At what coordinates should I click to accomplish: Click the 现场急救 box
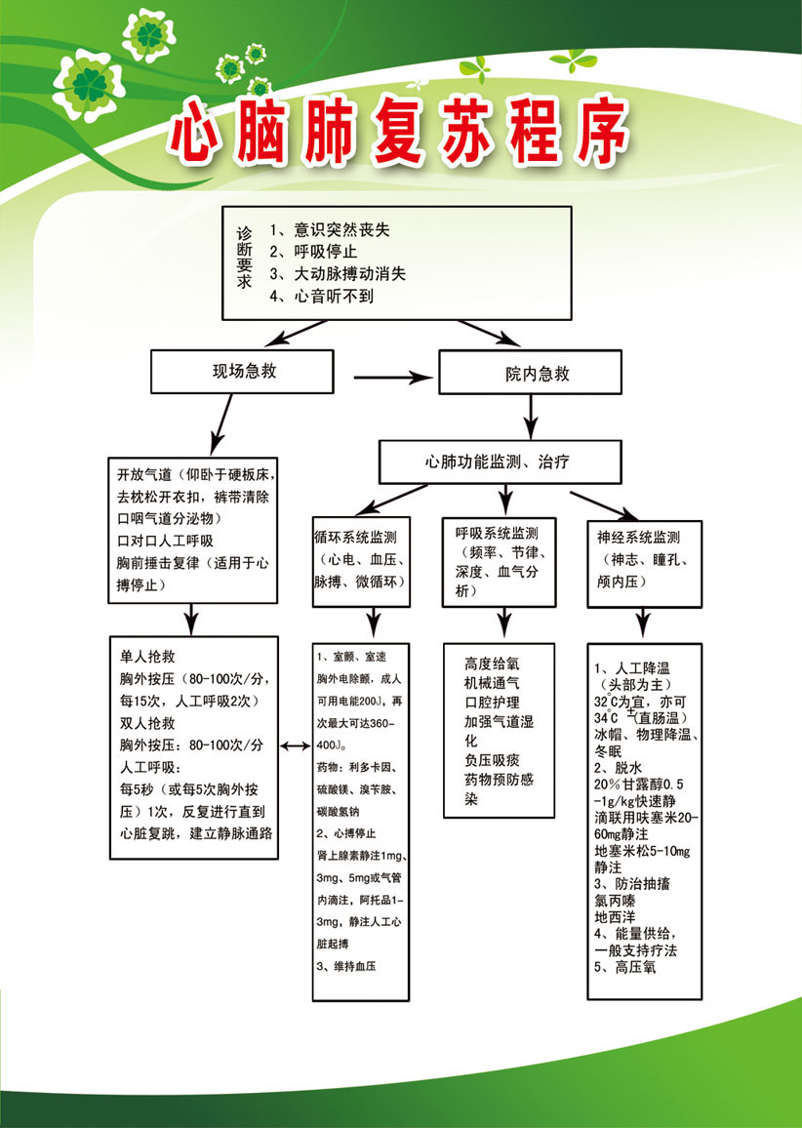point(237,372)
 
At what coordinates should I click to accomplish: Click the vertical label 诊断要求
point(244,258)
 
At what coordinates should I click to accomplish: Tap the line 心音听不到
point(327,295)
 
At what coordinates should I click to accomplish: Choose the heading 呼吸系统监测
point(498,534)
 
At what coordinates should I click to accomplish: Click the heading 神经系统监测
point(639,538)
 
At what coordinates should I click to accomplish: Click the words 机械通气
point(493,683)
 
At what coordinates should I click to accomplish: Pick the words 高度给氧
point(493,664)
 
